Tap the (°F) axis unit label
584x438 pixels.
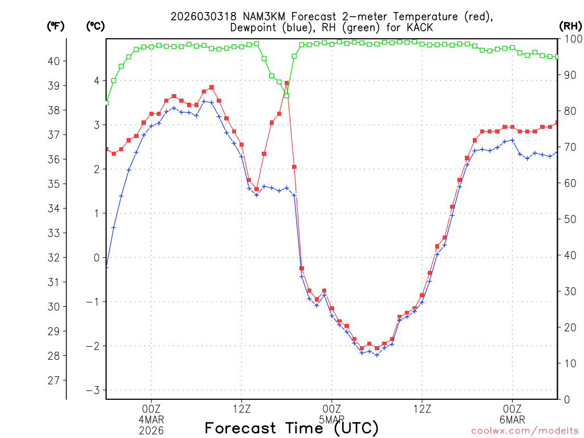pos(55,26)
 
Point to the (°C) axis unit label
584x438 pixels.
pos(95,26)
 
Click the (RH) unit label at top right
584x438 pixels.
pos(570,26)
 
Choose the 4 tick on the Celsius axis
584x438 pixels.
pos(96,81)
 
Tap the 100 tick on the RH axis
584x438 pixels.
pos(571,39)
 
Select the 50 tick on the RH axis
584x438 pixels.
pos(569,219)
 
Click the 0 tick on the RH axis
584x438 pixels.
pos(567,399)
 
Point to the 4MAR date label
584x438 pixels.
pos(151,419)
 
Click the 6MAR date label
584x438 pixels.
pos(512,419)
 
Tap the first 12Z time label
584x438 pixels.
pos(241,408)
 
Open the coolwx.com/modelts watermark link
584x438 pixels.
pos(524,430)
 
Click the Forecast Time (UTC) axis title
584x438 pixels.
pos(291,428)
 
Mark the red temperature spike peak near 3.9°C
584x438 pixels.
pos(287,83)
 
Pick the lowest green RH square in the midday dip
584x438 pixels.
pos(287,95)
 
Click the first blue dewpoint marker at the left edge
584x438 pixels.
pos(107,266)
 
